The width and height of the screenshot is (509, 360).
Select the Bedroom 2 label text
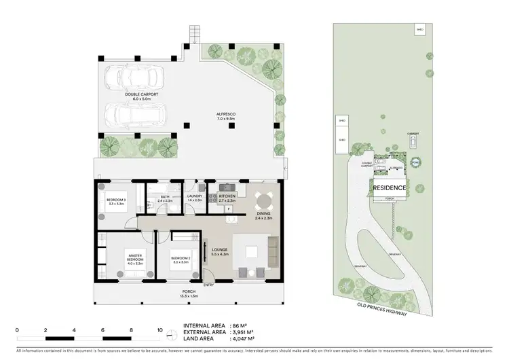tap(180, 258)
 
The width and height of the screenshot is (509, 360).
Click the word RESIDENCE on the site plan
tap(390, 188)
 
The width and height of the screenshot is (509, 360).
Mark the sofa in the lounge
tap(274, 251)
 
